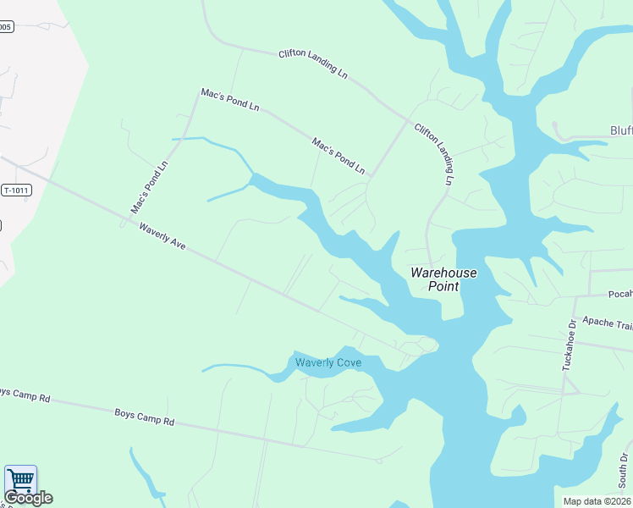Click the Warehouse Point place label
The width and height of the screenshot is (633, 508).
(443, 279)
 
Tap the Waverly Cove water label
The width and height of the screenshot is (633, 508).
(328, 363)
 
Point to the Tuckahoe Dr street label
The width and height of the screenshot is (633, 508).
(569, 345)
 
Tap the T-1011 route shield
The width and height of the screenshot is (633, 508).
(16, 190)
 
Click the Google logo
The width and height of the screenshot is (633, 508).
(28, 498)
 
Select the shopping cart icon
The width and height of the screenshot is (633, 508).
(20, 480)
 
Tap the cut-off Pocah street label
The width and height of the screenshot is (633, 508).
(620, 295)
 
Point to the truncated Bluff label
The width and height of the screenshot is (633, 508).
(621, 130)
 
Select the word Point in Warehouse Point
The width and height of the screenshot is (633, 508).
(443, 286)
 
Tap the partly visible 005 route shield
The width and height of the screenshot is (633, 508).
(6, 27)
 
